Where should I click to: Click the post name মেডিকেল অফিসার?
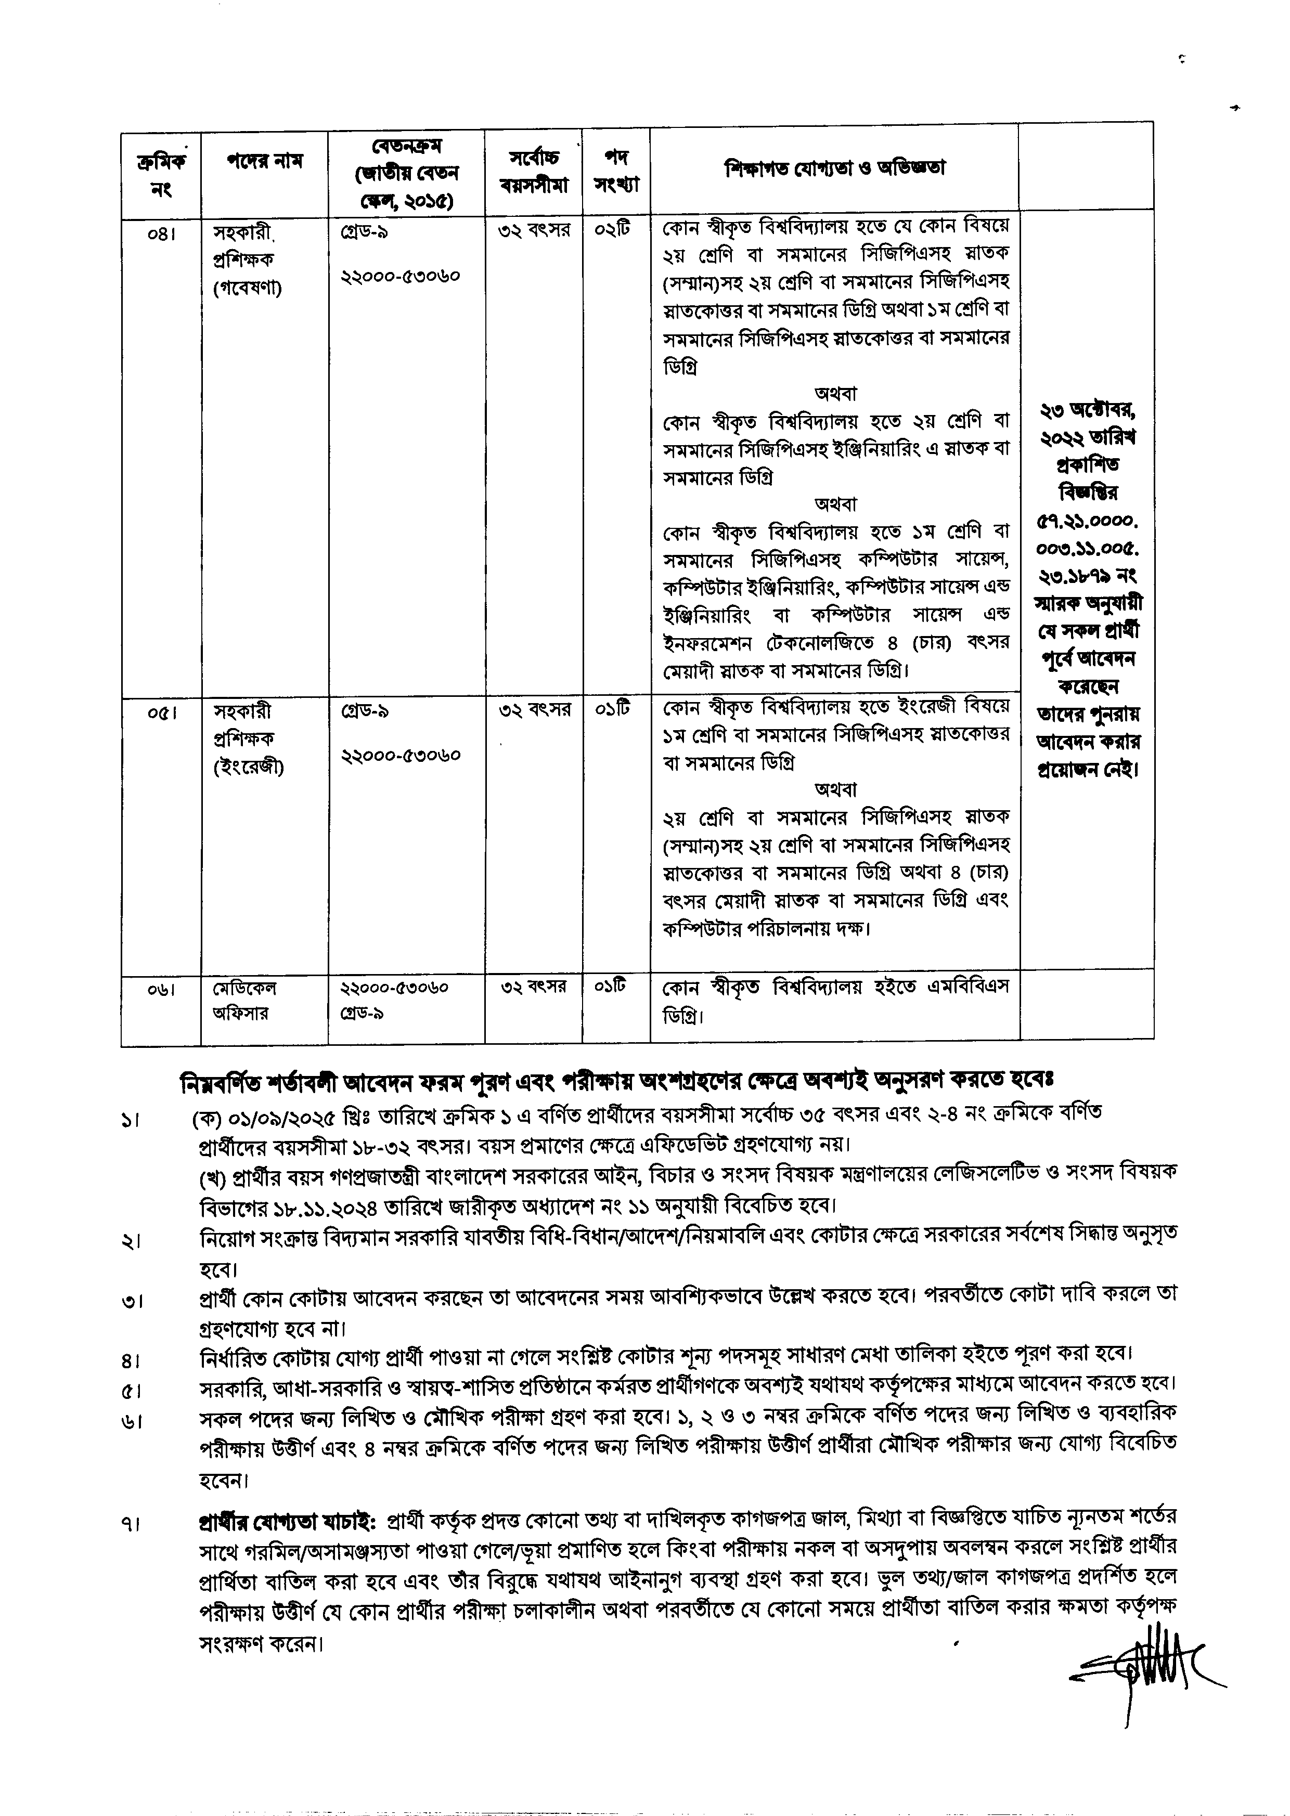click(244, 1001)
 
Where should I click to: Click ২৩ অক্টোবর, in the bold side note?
click(1088, 411)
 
